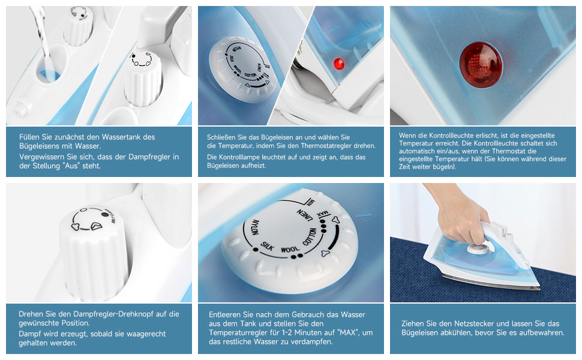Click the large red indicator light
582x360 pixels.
tap(481, 65)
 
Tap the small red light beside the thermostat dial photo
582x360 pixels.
tap(338, 64)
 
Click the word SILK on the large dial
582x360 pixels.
tap(267, 245)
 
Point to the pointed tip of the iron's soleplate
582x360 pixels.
tap(539, 288)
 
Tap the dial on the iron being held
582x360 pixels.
tap(478, 248)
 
